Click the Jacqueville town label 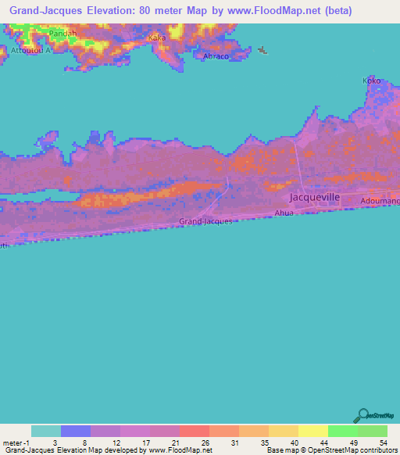coord(314,198)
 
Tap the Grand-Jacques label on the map coord(205,222)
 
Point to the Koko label coord(371,80)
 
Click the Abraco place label coord(216,57)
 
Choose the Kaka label coord(157,38)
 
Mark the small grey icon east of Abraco coord(262,52)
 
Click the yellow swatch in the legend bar coord(312,431)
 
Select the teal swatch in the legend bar coord(45,431)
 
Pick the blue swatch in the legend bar coord(75,431)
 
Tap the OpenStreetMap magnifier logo coord(363,415)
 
